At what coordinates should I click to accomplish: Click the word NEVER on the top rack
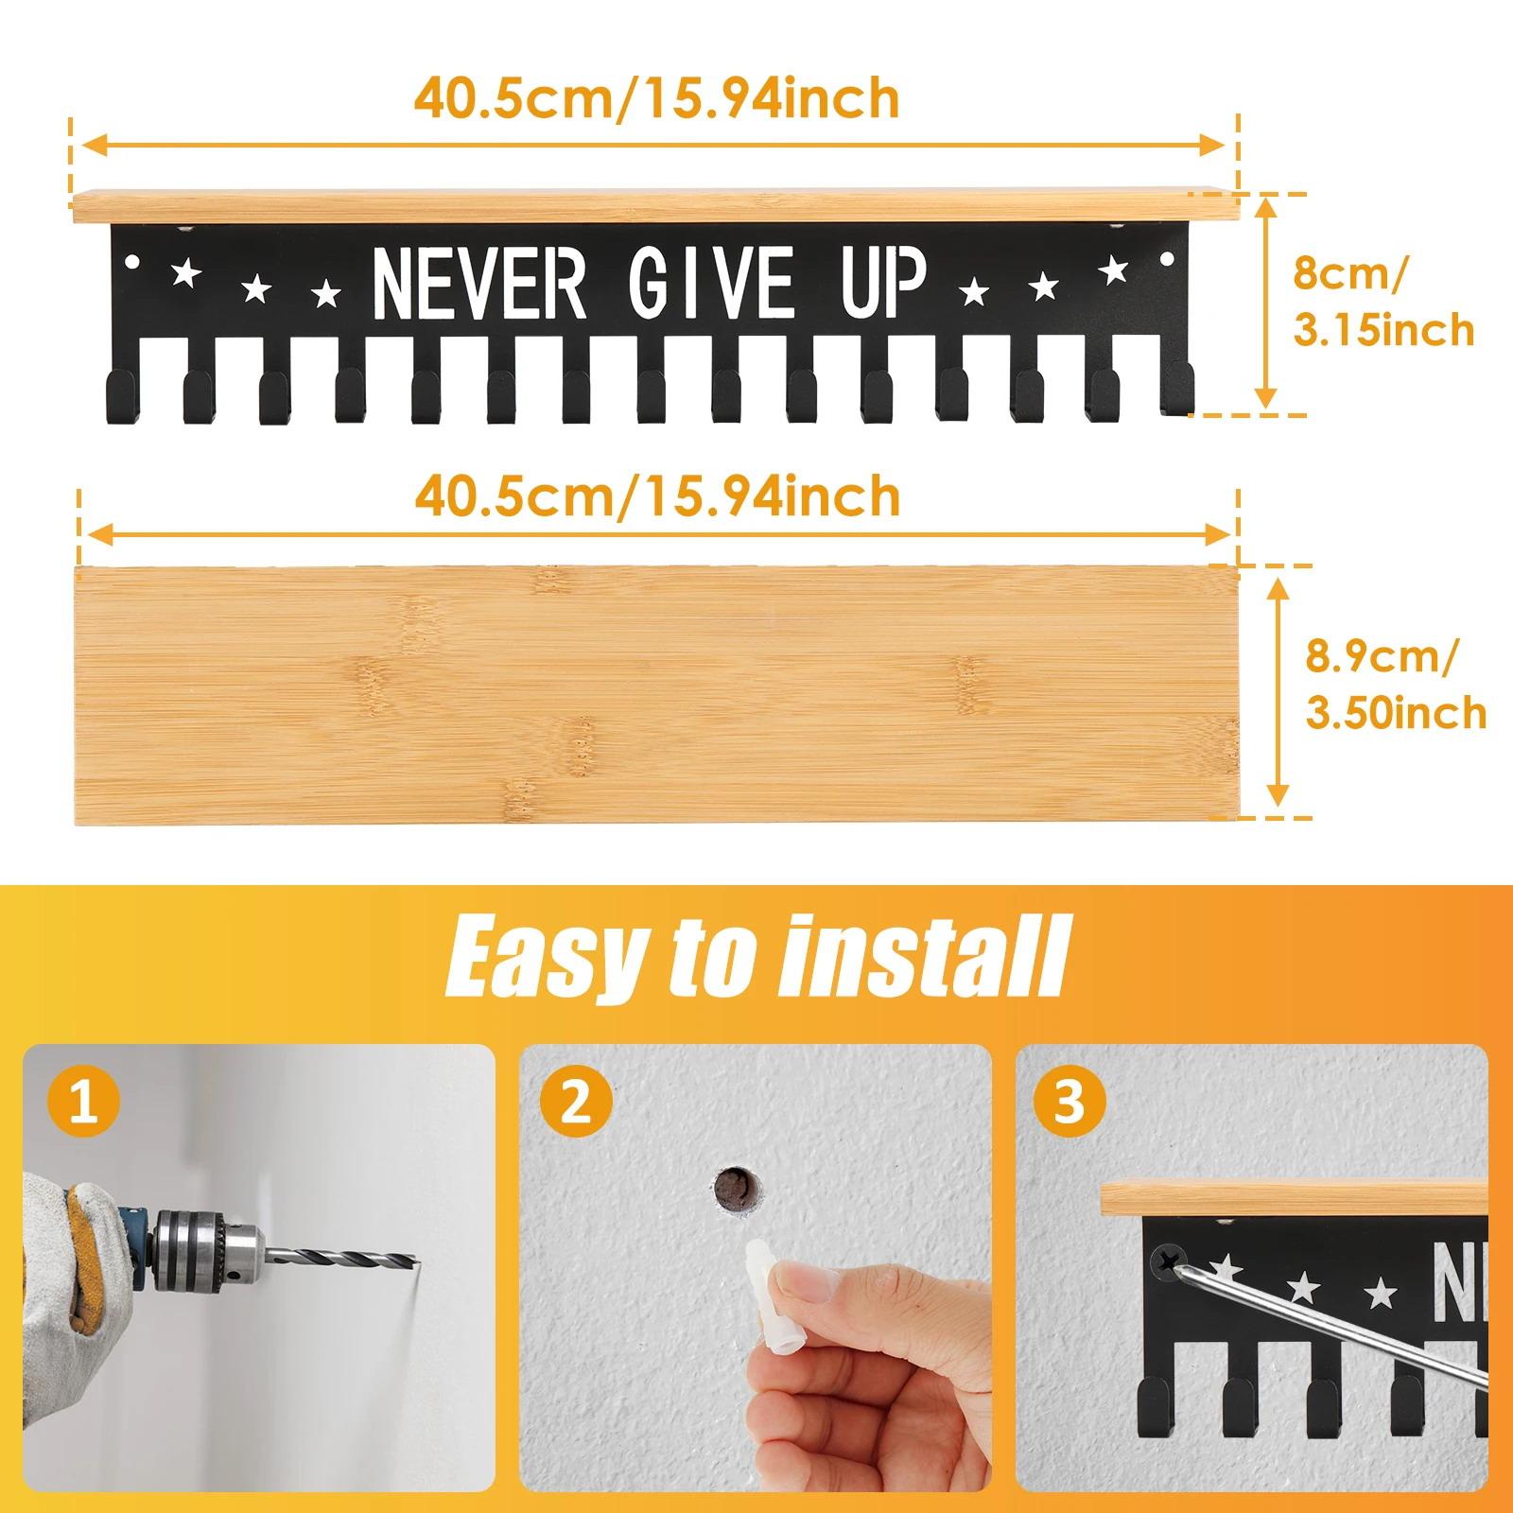[x=479, y=283]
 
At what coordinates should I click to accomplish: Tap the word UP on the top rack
[x=884, y=283]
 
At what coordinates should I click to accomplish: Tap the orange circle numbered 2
[x=576, y=1103]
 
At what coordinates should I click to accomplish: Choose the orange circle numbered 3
[x=1070, y=1103]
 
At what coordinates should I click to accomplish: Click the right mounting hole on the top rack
[x=1164, y=258]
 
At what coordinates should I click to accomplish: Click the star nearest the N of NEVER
[x=326, y=294]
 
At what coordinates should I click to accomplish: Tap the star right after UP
[x=972, y=291]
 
